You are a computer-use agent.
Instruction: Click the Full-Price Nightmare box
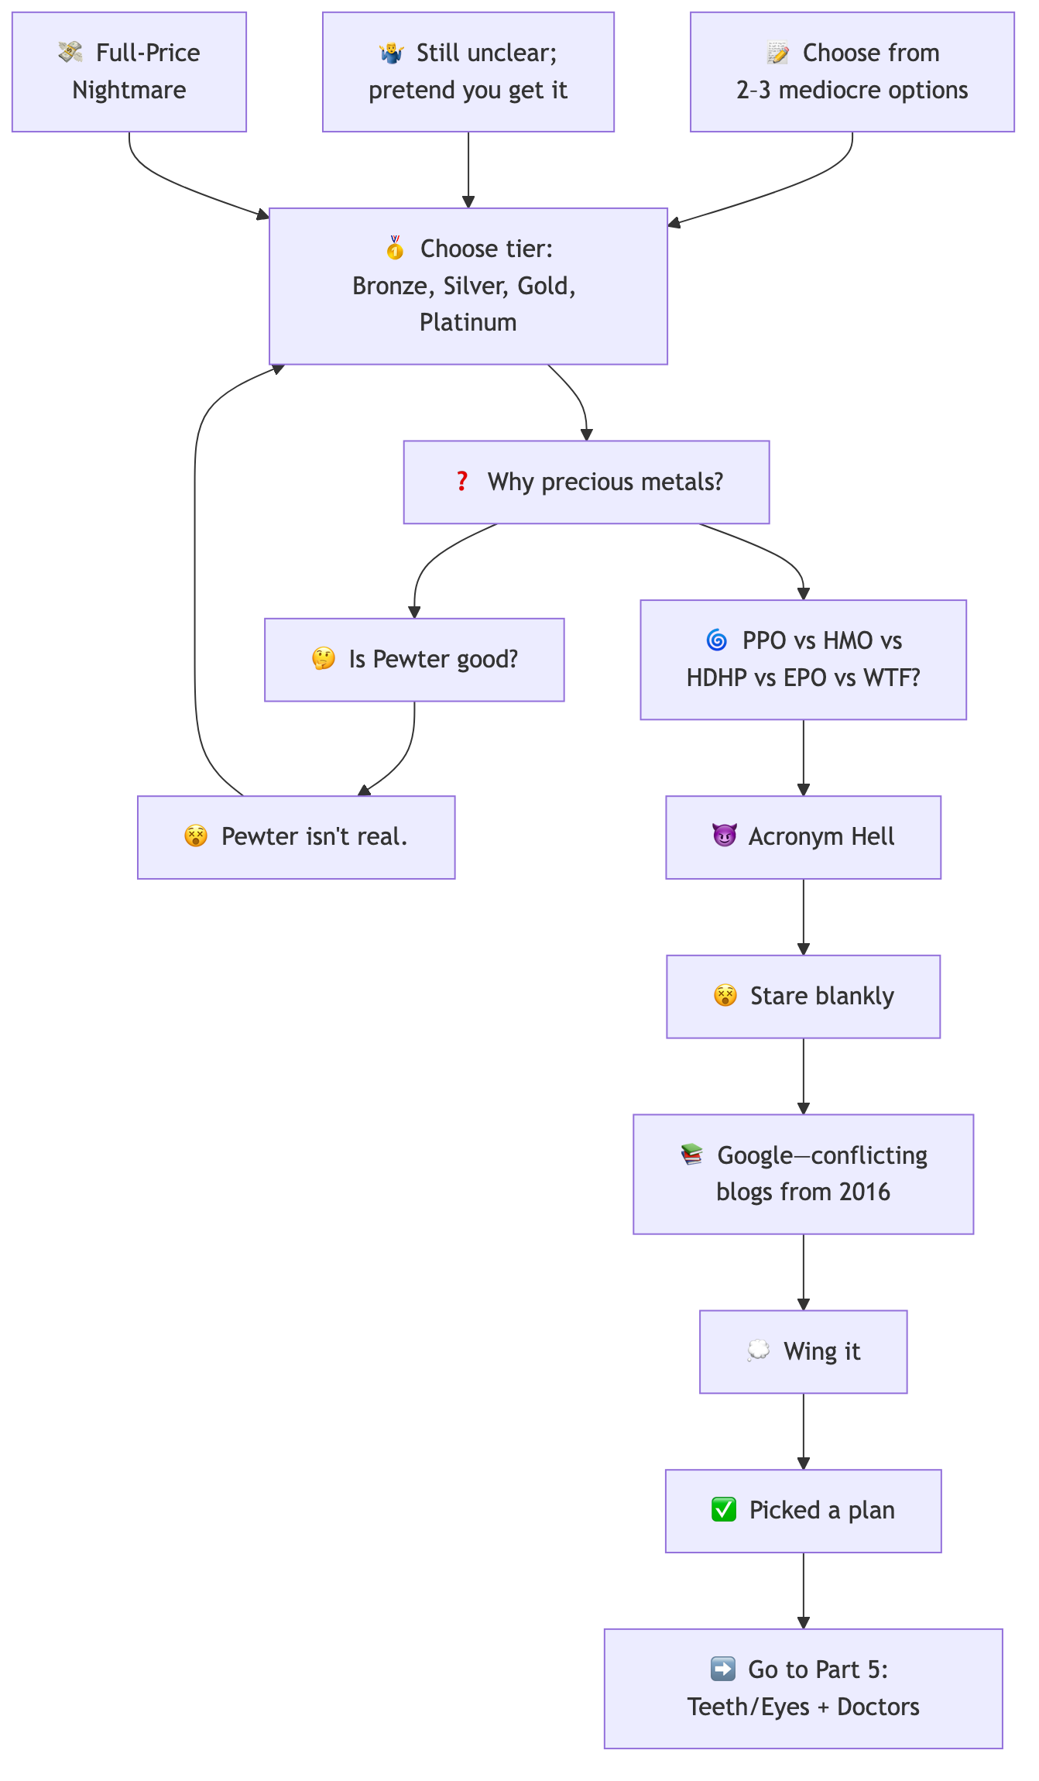coord(129,72)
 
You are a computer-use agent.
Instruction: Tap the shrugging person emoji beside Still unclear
coord(392,53)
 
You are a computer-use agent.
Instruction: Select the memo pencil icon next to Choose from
coord(777,53)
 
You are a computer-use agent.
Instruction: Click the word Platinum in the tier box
coord(468,322)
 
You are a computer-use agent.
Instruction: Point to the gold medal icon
coord(395,249)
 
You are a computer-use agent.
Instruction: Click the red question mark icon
coord(462,482)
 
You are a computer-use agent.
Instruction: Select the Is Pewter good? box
coord(414,660)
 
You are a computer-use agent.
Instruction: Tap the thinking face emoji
coord(324,659)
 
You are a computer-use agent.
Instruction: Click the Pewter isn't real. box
coord(296,837)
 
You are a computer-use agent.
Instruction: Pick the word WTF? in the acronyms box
coord(892,678)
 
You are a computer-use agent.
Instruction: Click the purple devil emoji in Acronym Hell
coord(724,836)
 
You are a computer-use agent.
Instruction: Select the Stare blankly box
coord(803,996)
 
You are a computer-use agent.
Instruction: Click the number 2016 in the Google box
coord(864,1192)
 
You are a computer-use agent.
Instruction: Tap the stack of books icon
coord(692,1155)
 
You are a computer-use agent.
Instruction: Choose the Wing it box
coord(803,1351)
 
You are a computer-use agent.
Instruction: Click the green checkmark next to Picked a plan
coord(724,1510)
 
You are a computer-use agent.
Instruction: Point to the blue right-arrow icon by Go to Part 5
coord(723,1669)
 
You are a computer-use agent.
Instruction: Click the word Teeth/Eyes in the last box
coord(748,1707)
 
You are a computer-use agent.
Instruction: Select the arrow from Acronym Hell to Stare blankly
coord(803,918)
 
